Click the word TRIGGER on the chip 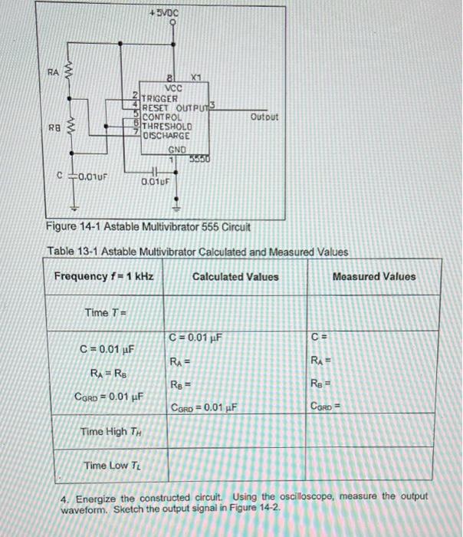161,98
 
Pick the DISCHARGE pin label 169,135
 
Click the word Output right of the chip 264,117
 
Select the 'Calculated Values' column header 235,277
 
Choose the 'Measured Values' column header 375,277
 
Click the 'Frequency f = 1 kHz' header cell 104,277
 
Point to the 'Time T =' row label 105,312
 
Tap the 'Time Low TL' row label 107,465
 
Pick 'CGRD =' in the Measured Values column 327,407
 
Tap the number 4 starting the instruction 64,497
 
